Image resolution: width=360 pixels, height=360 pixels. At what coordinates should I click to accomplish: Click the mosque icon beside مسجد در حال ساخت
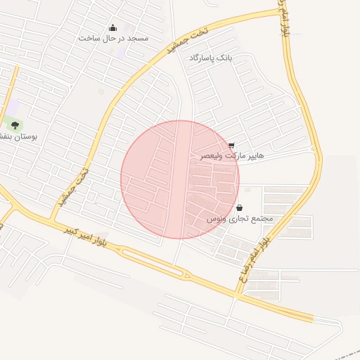coord(112,28)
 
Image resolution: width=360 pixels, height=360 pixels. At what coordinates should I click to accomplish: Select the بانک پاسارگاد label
coord(210,56)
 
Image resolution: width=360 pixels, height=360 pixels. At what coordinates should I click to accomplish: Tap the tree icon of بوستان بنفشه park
coord(15,125)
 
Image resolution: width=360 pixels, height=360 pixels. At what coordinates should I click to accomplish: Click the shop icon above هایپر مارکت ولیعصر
coord(231,146)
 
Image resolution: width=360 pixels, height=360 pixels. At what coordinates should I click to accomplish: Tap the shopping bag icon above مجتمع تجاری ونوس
coord(240,208)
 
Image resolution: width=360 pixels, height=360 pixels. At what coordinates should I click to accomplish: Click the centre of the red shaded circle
coord(180,179)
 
